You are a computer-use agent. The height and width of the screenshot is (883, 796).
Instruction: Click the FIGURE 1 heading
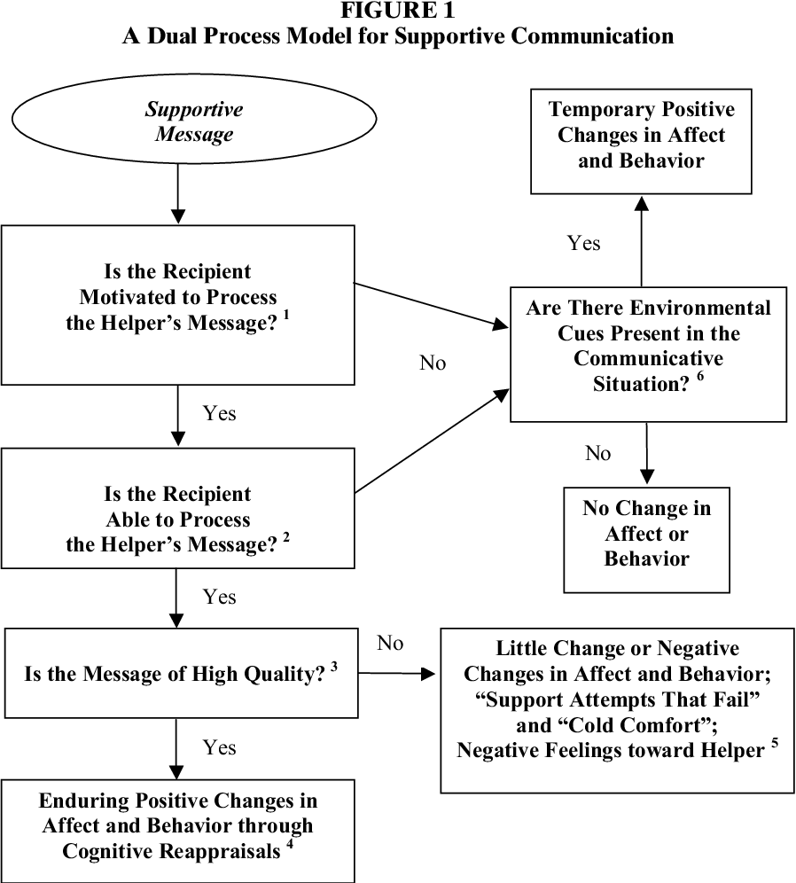[x=397, y=11]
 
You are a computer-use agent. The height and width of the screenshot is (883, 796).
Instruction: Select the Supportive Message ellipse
[x=193, y=122]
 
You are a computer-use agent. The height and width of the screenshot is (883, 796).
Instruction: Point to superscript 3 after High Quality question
[x=334, y=668]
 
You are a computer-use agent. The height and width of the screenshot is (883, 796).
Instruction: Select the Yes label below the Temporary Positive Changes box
[x=584, y=243]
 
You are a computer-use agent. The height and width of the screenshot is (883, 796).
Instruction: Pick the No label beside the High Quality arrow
[x=390, y=643]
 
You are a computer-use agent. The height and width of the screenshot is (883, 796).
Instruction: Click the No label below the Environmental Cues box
[x=598, y=454]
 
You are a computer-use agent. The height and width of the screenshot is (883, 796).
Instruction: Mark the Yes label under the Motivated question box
[x=220, y=414]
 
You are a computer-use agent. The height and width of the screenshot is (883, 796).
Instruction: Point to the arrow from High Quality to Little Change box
[x=399, y=675]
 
